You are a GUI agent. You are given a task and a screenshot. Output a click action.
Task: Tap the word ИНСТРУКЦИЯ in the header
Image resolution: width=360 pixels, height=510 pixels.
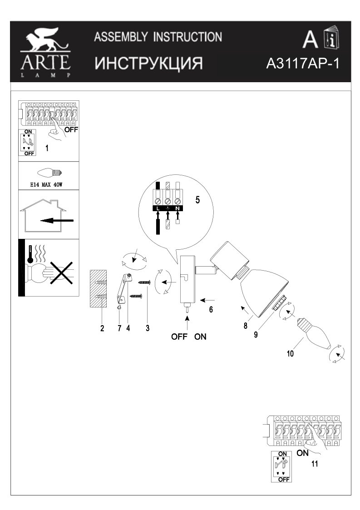click(148, 63)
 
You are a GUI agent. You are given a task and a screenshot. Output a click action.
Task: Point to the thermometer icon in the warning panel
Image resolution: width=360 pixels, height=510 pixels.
click(30, 254)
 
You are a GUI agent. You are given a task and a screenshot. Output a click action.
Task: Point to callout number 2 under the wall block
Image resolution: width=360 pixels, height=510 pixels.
click(103, 328)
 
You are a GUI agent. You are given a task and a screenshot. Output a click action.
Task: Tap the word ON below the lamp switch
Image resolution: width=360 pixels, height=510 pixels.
click(200, 337)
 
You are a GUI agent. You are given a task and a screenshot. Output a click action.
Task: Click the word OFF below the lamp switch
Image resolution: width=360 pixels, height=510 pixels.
click(180, 337)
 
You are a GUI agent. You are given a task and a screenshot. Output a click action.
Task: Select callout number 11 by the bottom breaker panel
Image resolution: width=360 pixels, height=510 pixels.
click(315, 464)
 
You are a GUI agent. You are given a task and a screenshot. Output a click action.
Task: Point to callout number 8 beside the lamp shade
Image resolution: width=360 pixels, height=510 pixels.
click(245, 325)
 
